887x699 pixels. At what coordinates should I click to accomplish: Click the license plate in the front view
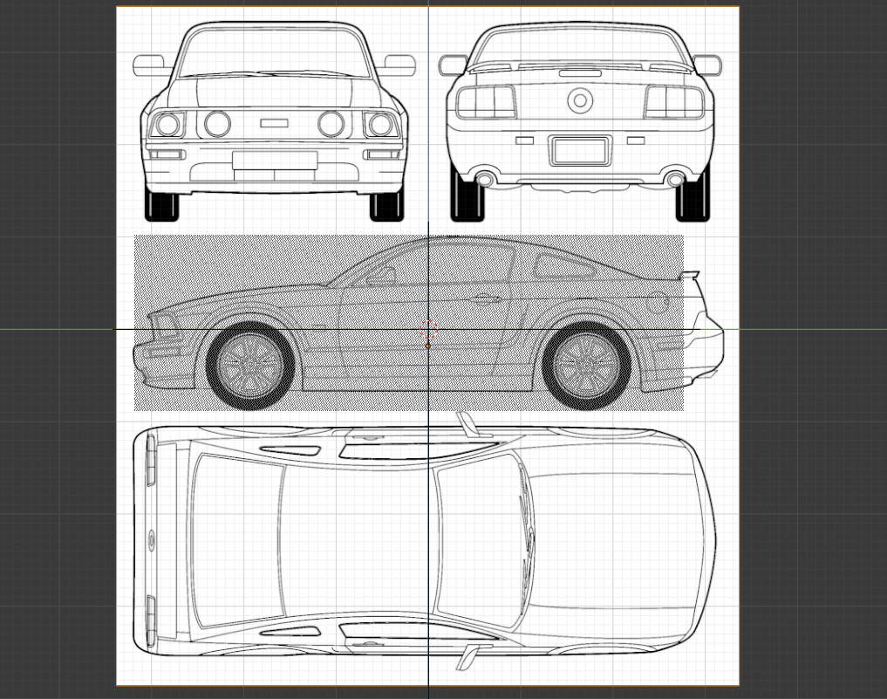[275, 160]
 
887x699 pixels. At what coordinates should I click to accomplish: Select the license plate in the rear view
[580, 151]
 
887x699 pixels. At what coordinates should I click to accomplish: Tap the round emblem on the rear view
[580, 100]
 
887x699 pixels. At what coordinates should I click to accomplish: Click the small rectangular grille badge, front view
[274, 123]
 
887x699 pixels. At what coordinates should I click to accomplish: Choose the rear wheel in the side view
[586, 363]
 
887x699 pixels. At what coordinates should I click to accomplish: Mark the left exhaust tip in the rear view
[485, 180]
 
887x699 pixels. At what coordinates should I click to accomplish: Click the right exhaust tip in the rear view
[675, 180]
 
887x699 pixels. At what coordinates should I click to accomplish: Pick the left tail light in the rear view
[486, 103]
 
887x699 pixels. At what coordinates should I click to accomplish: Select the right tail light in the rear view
[674, 103]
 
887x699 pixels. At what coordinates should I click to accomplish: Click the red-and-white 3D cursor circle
[428, 330]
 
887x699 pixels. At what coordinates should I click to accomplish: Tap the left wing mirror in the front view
[149, 65]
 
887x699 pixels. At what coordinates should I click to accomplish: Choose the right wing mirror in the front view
[399, 65]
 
